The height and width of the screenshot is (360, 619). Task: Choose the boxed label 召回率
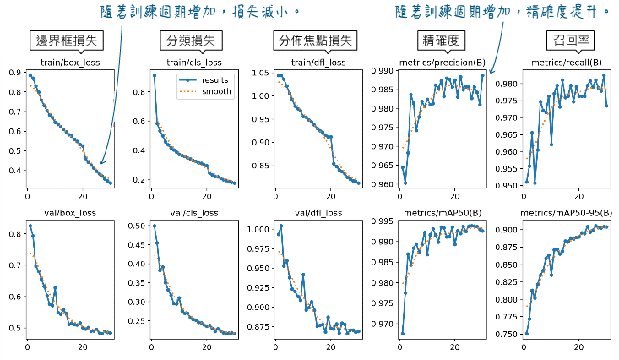coord(565,41)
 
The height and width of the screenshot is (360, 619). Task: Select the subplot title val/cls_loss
coord(193,213)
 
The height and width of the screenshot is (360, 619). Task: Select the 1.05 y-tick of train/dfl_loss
coord(262,73)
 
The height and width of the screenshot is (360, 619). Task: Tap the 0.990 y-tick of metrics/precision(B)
coord(381,71)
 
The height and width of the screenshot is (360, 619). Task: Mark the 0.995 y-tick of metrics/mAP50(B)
coord(381,221)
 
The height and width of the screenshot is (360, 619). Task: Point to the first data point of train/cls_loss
coord(154,75)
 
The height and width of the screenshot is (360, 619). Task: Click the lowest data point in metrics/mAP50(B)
coord(402,333)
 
